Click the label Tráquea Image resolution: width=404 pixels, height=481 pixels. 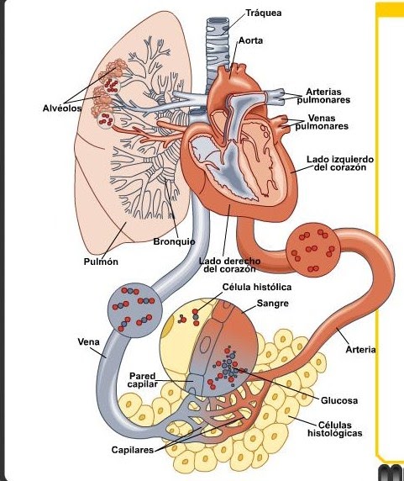(264, 13)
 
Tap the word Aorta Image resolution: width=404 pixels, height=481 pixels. (250, 40)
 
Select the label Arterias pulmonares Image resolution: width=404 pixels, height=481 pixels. (323, 96)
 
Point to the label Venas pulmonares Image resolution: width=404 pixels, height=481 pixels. (322, 122)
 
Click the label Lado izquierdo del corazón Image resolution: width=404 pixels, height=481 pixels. (340, 163)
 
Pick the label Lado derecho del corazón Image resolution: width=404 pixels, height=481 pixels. (230, 265)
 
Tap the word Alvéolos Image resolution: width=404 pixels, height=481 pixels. (62, 108)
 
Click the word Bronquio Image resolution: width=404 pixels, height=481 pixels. (174, 241)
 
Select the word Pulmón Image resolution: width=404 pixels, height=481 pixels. (101, 262)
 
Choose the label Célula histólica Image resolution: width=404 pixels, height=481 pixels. (257, 287)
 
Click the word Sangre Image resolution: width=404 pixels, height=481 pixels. (273, 304)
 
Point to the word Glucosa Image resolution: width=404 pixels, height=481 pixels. (339, 400)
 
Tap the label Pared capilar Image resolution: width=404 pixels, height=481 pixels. (143, 380)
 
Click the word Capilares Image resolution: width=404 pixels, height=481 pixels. (133, 450)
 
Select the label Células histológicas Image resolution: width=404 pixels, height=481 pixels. (335, 429)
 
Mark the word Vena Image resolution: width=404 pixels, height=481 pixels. (88, 341)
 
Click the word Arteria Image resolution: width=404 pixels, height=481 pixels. (360, 350)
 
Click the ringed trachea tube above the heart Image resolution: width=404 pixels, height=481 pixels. (218, 52)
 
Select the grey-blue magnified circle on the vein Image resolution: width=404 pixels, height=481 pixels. (134, 310)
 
